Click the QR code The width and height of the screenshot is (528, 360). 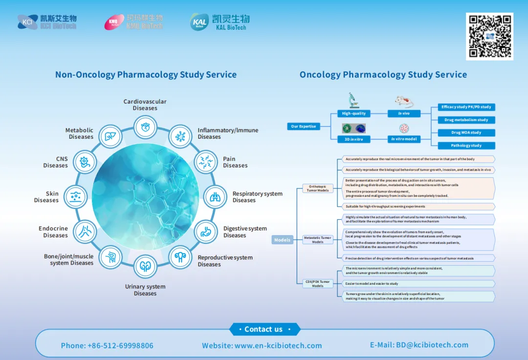click(x=489, y=36)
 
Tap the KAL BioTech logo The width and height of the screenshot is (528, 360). click(x=220, y=22)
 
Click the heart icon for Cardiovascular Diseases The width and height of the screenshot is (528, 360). click(x=145, y=128)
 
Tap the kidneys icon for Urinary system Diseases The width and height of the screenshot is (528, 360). click(x=145, y=267)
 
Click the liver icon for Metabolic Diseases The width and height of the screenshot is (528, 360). click(x=110, y=136)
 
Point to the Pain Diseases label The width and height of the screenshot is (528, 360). click(x=235, y=162)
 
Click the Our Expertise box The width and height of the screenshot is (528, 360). click(x=304, y=127)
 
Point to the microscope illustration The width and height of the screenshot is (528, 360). click(x=353, y=101)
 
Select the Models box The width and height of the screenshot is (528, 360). click(x=282, y=240)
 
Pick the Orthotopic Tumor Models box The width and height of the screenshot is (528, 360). click(x=317, y=188)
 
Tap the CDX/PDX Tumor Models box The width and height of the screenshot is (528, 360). click(x=317, y=283)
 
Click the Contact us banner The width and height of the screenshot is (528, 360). click(x=264, y=329)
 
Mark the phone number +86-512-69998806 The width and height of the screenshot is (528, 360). click(x=107, y=345)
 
